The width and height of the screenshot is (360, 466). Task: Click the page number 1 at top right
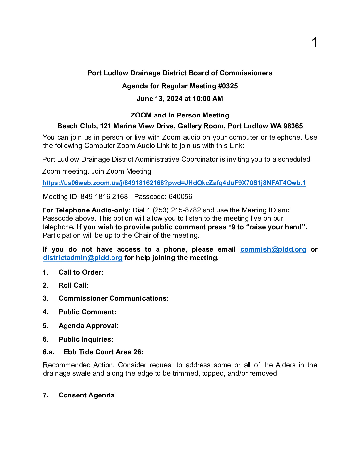[x=314, y=42]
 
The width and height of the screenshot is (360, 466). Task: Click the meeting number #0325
[x=228, y=86]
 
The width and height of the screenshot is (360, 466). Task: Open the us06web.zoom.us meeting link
[x=174, y=183]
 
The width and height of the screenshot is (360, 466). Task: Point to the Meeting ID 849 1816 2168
[x=104, y=197]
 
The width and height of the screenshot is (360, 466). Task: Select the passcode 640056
[x=180, y=197]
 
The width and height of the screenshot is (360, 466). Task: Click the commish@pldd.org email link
[x=273, y=249]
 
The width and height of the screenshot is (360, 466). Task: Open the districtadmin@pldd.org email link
[x=83, y=258]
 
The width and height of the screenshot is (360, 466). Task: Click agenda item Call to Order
[x=81, y=272]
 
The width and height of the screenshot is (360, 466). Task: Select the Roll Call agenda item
[x=74, y=285]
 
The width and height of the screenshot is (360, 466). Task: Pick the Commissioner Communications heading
[x=113, y=298]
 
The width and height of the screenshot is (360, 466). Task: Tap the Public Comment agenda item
[x=88, y=312]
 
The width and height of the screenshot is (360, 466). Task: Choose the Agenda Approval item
[x=89, y=326]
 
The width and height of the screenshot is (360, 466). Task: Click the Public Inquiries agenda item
[x=86, y=339]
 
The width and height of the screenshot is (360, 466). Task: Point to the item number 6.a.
[x=48, y=352]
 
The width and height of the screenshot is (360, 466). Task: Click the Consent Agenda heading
[x=86, y=395]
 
